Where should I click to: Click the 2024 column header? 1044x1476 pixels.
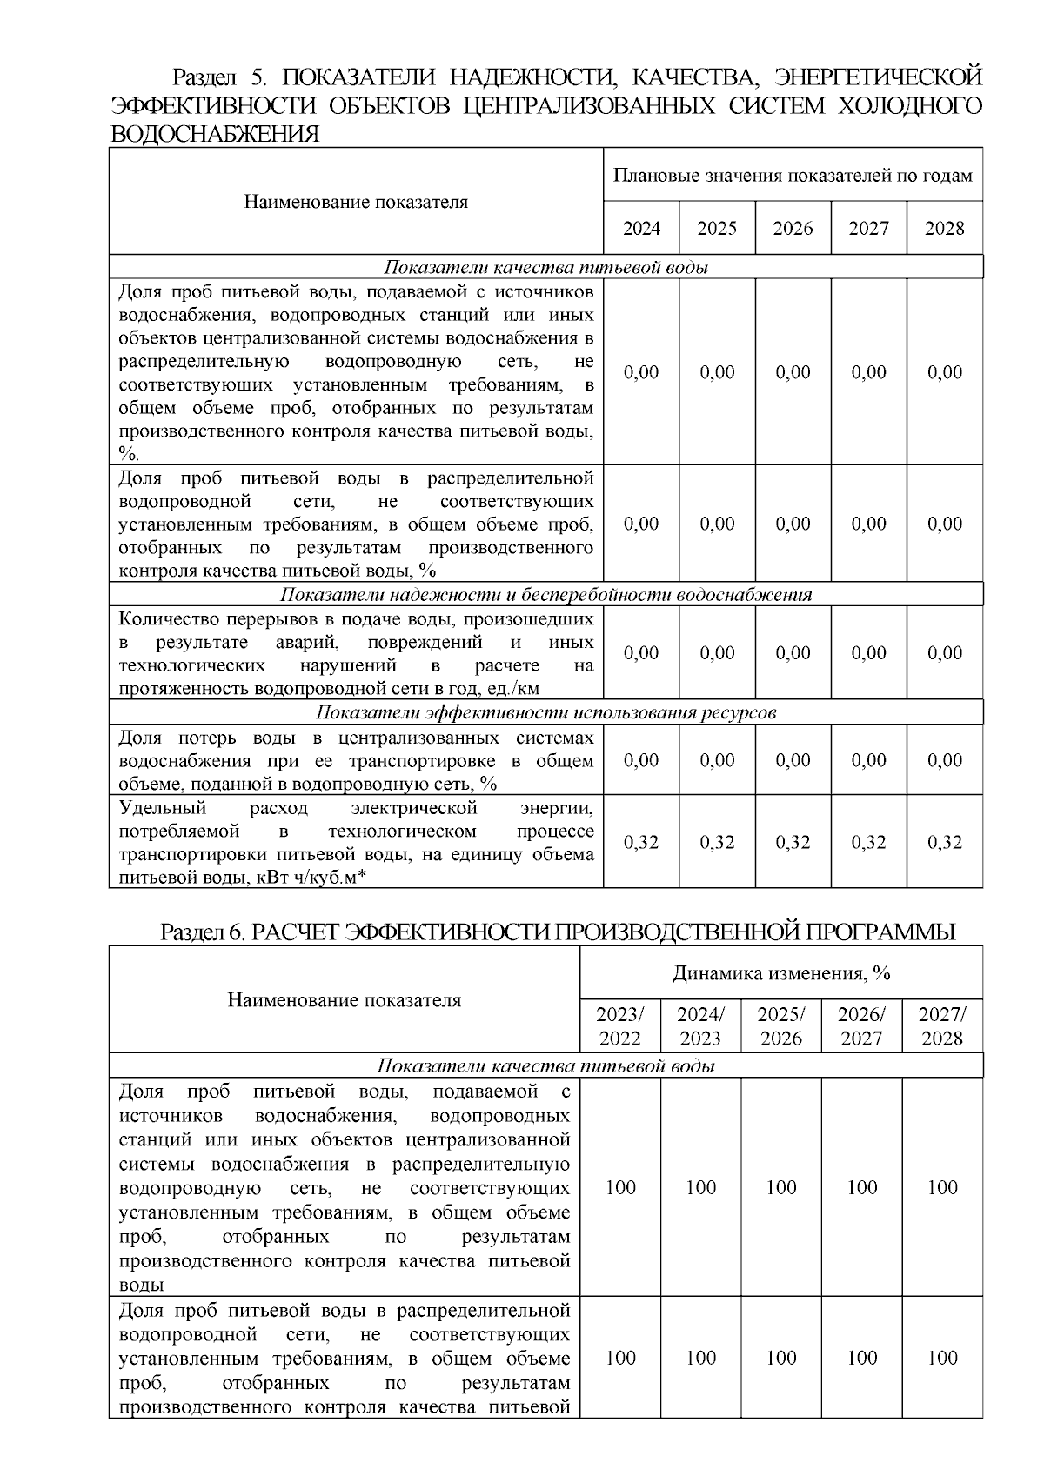click(641, 229)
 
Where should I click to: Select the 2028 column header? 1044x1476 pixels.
click(944, 229)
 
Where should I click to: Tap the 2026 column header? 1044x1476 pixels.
click(793, 229)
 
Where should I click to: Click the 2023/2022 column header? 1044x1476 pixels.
click(619, 1026)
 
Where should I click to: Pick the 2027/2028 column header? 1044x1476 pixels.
click(942, 1026)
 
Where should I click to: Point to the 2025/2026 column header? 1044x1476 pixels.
click(781, 1026)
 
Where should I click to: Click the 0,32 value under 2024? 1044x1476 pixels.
click(641, 842)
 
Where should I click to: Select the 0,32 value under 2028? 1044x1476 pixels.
click(944, 842)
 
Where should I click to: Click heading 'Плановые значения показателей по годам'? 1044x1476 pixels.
click(793, 176)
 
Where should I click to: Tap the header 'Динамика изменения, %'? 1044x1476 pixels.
click(780, 973)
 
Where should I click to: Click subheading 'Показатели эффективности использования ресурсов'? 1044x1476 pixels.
click(545, 713)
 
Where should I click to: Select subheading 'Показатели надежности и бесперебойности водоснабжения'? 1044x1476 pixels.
click(545, 595)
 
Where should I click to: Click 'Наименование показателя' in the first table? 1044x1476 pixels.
click(355, 203)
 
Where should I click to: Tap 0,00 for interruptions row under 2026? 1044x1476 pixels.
click(793, 653)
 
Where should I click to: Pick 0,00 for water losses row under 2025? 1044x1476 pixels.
click(717, 760)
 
